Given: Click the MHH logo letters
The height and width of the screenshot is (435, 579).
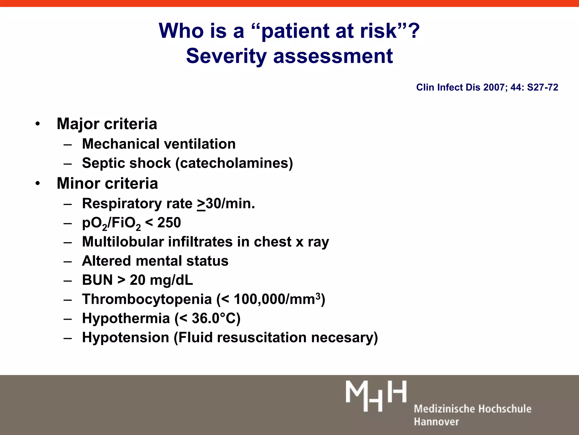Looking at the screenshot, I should click(376, 396).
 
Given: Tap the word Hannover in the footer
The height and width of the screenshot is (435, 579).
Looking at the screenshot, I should click(436, 422).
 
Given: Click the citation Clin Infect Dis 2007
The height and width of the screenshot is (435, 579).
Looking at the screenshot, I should click(487, 87).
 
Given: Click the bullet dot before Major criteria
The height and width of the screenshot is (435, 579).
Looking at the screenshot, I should click(38, 124).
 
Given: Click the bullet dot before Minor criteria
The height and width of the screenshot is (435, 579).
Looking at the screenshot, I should click(38, 184).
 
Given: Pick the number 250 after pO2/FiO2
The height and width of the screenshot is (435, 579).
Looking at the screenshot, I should click(169, 223).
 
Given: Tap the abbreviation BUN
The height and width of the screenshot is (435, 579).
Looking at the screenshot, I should click(97, 280).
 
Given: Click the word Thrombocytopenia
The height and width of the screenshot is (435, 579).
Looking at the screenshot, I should click(147, 299).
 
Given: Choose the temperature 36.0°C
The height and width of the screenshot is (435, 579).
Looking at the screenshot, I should click(214, 318).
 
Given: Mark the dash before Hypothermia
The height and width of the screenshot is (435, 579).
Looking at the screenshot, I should click(68, 319).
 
